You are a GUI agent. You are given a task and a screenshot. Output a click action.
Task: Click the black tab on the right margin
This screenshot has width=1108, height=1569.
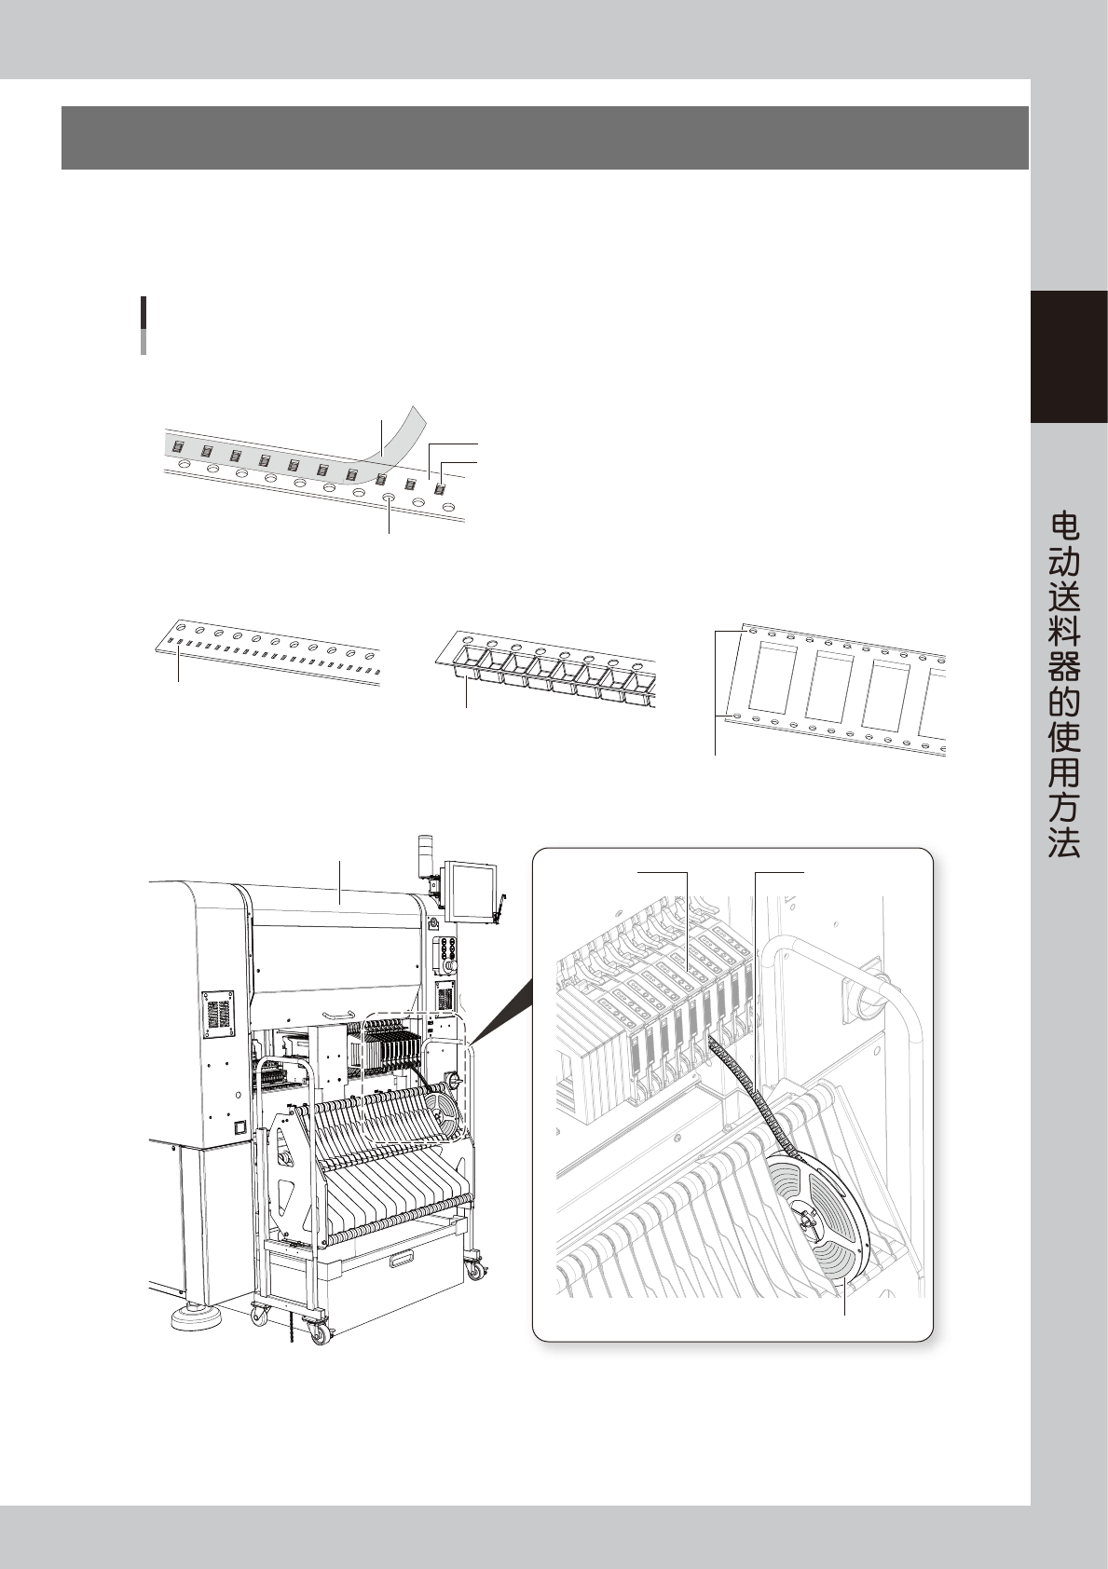1069,357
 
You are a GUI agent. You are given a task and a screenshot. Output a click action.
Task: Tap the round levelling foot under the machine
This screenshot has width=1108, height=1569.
193,1316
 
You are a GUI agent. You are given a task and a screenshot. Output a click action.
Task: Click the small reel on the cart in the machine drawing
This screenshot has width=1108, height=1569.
445,1112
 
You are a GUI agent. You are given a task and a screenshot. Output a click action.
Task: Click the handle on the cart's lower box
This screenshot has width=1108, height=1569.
402,1261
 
